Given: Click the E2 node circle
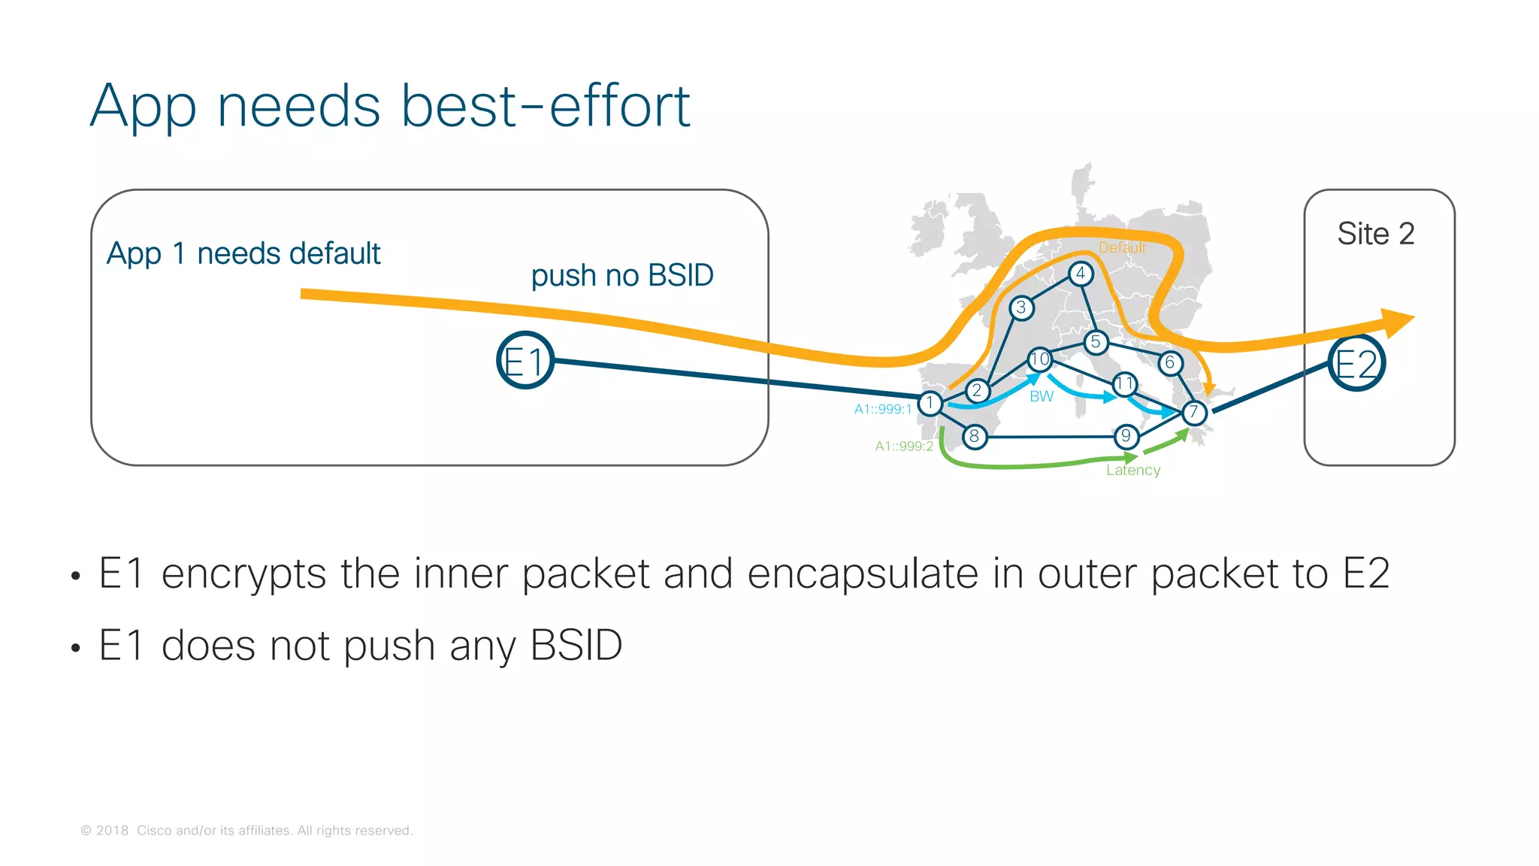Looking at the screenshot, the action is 1356,363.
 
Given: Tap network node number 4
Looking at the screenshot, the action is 1080,274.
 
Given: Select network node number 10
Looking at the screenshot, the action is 1039,359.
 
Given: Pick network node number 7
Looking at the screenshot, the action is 1193,412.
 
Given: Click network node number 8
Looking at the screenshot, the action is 975,436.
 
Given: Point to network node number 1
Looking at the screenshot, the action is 930,403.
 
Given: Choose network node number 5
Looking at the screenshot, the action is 1096,342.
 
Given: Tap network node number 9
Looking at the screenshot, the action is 1126,436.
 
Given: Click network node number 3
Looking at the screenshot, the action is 1020,307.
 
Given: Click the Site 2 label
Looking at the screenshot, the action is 1375,234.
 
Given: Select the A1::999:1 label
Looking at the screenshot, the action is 882,409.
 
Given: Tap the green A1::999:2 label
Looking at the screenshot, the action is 904,447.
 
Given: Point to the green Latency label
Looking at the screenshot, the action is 1133,471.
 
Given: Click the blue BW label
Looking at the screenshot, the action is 1042,396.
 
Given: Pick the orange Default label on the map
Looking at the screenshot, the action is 1122,247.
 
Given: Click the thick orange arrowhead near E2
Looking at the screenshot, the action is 1397,322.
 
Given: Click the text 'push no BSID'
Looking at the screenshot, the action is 622,276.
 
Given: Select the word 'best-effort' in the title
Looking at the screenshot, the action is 546,106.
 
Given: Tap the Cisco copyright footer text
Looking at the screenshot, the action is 246,831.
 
